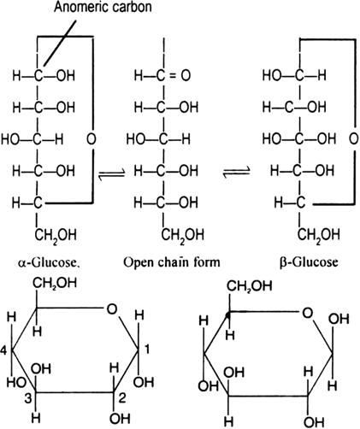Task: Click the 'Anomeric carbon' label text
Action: point(103,7)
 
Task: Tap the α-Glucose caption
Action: point(49,262)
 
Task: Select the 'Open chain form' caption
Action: point(172,262)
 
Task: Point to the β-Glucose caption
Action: point(309,262)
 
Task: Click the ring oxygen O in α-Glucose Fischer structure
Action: point(91,139)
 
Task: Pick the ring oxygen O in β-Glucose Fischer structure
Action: point(353,139)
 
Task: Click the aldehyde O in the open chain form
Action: point(186,76)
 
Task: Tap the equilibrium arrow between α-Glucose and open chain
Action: point(111,173)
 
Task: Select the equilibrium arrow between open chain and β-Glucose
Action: point(236,172)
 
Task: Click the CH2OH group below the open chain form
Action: point(183,236)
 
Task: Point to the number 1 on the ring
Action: point(147,350)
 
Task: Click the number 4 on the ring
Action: point(3,350)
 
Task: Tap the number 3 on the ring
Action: point(27,398)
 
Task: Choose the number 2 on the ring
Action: point(122,397)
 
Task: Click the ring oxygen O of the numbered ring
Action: point(112,309)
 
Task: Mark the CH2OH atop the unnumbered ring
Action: point(250,286)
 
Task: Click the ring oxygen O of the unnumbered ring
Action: point(307,313)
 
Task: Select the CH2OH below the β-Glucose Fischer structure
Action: point(319,236)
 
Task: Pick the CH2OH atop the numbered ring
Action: point(55,284)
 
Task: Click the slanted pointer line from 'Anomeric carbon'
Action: point(60,44)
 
